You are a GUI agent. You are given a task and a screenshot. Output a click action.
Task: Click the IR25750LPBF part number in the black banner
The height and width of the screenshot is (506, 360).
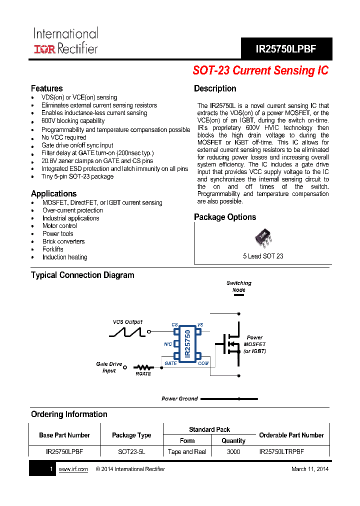pos(286,49)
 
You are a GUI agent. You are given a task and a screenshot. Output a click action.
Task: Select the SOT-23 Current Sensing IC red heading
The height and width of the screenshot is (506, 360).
pos(260,70)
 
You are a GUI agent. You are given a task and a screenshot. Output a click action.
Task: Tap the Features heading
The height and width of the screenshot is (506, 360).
pos(46,88)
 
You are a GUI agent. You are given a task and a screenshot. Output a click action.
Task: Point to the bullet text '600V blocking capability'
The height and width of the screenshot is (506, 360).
pos(73,121)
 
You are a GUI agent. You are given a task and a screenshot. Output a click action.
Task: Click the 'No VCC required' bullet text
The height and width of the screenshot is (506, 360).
pos(64,137)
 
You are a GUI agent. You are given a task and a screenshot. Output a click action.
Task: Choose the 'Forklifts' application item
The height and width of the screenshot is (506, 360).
pos(53,249)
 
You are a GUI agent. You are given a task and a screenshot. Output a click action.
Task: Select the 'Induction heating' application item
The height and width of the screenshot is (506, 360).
pos(64,257)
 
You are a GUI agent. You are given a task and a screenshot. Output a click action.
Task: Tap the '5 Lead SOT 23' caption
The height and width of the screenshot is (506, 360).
pos(263,256)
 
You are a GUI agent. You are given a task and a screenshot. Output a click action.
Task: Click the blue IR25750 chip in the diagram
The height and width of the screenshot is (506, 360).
pos(187,343)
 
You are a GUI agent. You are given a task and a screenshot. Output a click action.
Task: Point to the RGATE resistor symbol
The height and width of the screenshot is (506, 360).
pos(143,367)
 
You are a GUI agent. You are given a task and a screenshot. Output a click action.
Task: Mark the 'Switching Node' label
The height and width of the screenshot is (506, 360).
pos(239,286)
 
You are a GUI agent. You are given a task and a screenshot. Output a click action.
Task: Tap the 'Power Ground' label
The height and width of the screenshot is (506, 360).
pos(179,399)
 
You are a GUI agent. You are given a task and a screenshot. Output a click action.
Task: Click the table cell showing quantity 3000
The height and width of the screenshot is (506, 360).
pos(233,451)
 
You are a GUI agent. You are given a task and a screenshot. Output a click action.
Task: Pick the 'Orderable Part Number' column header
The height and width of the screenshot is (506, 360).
pos(291,435)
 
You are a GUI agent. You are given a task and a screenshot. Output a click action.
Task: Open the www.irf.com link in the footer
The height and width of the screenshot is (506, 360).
pos(73,469)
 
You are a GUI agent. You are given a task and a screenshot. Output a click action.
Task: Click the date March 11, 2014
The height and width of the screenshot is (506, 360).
pos(310,469)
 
